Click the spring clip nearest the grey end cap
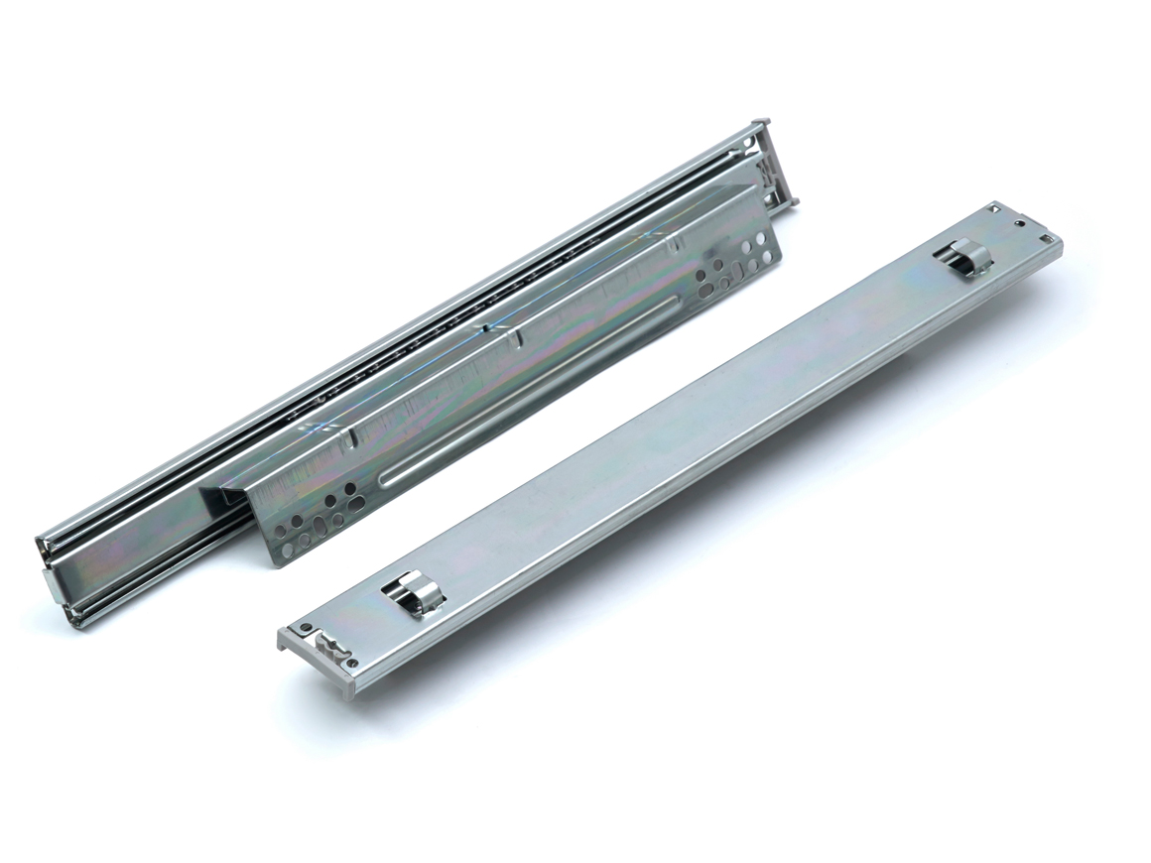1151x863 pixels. [x=409, y=595]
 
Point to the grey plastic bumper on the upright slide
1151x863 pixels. [x=778, y=169]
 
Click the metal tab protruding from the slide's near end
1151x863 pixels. [x=50, y=585]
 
